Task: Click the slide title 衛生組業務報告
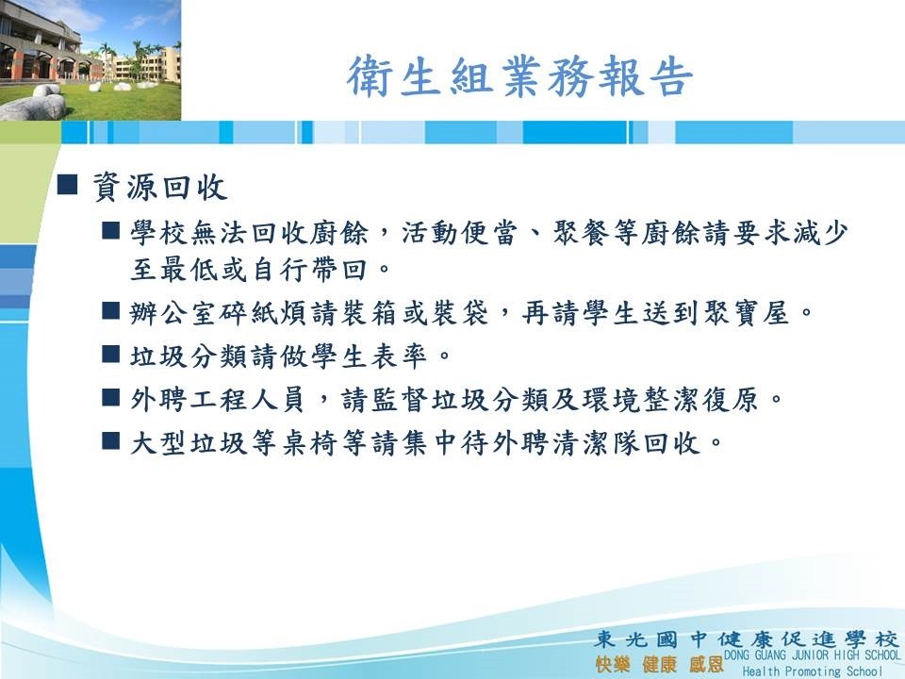tap(519, 76)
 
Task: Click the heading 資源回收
tap(160, 187)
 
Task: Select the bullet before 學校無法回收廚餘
tap(110, 230)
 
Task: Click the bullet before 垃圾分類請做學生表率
tap(110, 354)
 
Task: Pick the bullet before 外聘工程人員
tap(110, 397)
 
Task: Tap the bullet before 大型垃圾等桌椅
tap(110, 440)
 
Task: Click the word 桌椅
tap(310, 443)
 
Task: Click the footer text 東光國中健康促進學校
tap(747, 639)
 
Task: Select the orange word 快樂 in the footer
tap(613, 665)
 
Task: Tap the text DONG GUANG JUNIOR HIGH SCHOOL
tap(812, 655)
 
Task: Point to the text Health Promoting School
tap(813, 671)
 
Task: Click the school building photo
tap(90, 60)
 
